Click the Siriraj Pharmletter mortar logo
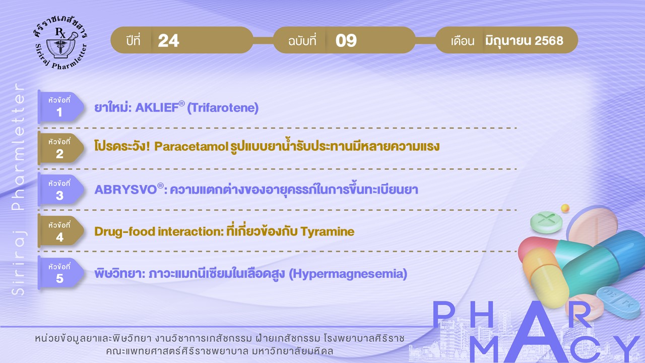(x=61, y=43)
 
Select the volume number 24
(x=168, y=40)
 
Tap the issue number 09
(x=346, y=40)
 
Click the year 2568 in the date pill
(x=549, y=41)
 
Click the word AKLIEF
(x=157, y=107)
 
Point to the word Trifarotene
(x=223, y=108)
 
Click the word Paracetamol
(x=191, y=146)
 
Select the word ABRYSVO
(x=125, y=190)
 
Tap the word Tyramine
(x=328, y=232)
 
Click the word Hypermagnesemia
(x=348, y=274)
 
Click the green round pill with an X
(x=546, y=222)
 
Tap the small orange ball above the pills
(x=565, y=208)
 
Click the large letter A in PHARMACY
(x=535, y=333)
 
